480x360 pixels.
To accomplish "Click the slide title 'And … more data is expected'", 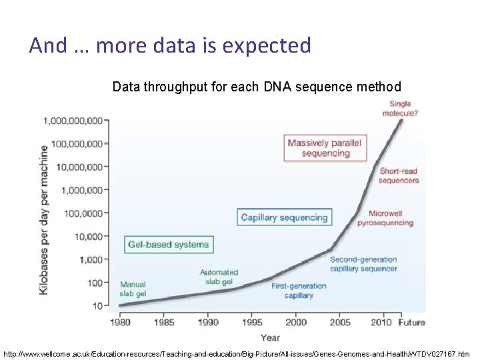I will (170, 45).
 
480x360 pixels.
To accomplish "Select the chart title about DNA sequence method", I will (257, 87).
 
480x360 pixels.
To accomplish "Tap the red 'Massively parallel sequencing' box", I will (325, 148).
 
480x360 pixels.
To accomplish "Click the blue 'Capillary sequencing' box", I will (284, 217).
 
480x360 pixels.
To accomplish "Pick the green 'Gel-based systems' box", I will (168, 244).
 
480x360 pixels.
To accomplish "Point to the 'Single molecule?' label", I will (400, 109).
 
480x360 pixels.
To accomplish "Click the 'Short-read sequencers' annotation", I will (399, 176).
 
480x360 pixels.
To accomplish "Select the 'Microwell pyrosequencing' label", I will (391, 218).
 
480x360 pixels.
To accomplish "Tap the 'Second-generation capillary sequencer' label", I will (363, 264).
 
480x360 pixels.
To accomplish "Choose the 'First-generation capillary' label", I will (299, 291).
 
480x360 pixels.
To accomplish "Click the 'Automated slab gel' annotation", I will (219, 277).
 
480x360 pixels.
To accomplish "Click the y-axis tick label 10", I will (97, 306).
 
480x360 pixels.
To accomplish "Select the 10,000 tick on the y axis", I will (87, 236).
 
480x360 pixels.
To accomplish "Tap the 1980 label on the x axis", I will (120, 322).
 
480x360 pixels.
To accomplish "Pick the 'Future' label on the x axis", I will (411, 322).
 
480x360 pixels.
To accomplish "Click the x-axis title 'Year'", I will (270, 337).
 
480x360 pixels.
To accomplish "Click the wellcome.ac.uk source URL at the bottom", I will (237, 353).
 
